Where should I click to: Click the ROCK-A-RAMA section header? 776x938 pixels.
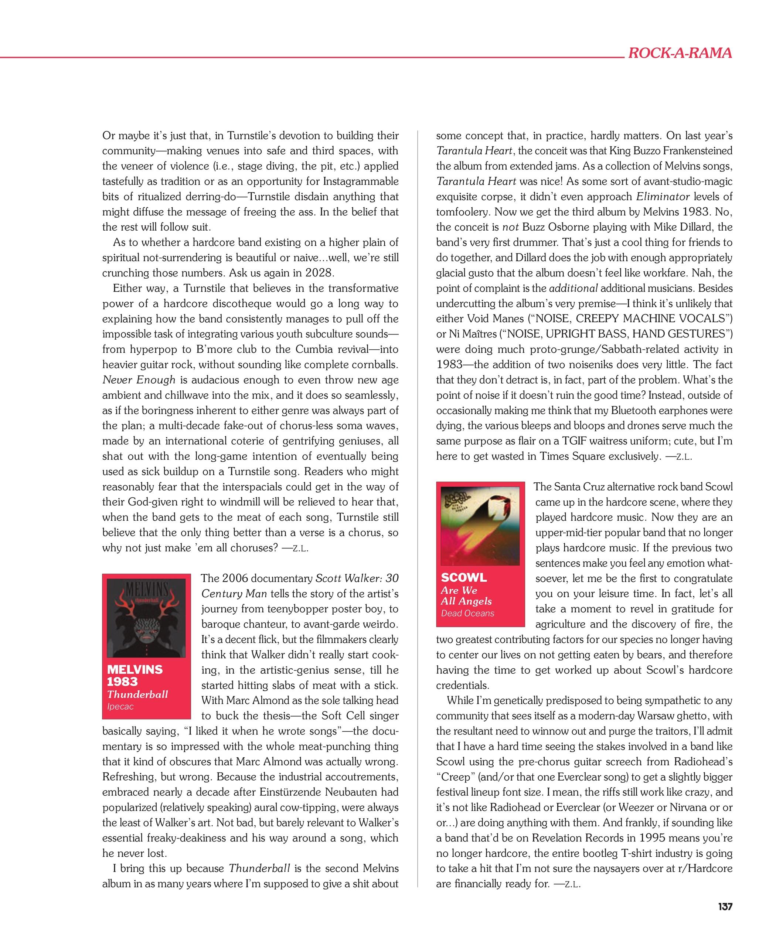click(680, 53)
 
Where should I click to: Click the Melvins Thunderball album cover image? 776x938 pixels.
click(146, 618)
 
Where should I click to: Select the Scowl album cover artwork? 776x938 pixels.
click(480, 525)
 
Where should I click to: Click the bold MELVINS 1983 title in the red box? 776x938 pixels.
click(135, 675)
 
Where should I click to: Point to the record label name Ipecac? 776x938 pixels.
click(120, 707)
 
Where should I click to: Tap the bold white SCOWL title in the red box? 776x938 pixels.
click(463, 578)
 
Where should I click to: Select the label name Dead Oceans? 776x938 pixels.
click(467, 613)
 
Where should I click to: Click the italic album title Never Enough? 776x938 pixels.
click(139, 380)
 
